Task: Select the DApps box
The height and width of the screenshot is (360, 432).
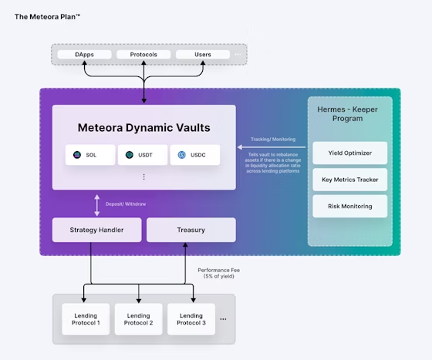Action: pos(85,55)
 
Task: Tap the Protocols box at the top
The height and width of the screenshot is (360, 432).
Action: pos(143,55)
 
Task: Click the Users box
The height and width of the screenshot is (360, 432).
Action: pos(202,55)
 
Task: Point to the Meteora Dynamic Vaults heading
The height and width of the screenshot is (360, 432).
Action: pos(143,127)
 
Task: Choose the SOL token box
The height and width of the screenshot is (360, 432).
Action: pos(89,155)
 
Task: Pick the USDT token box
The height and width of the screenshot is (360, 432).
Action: pos(143,155)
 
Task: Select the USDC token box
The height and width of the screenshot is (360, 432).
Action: pos(194,155)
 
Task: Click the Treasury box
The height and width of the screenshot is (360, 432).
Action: pos(191,229)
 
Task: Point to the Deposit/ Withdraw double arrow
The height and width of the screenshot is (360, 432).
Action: pos(97,204)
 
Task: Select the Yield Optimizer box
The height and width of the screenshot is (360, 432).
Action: pos(349,153)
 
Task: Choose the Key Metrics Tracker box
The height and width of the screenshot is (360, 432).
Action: pos(349,180)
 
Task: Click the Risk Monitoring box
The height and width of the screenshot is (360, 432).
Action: pos(349,206)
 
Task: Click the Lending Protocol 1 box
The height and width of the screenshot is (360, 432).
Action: pos(86,319)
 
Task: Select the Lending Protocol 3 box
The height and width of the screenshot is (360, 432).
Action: pos(191,319)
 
